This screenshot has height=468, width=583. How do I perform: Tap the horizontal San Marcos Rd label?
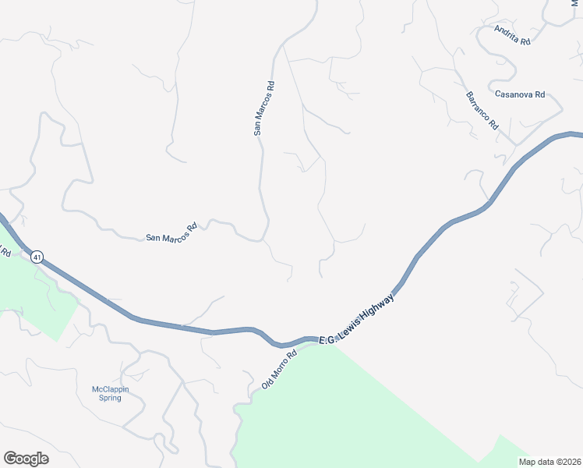pyautogui.click(x=171, y=233)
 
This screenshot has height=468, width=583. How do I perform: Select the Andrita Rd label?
pyautogui.click(x=512, y=34)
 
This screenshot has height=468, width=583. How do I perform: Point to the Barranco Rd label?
pyautogui.click(x=482, y=111)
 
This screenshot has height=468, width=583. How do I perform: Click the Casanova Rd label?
pyautogui.click(x=519, y=94)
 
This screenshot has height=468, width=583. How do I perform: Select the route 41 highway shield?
pyautogui.click(x=37, y=255)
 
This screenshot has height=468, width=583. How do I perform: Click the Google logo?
pyautogui.click(x=26, y=459)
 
